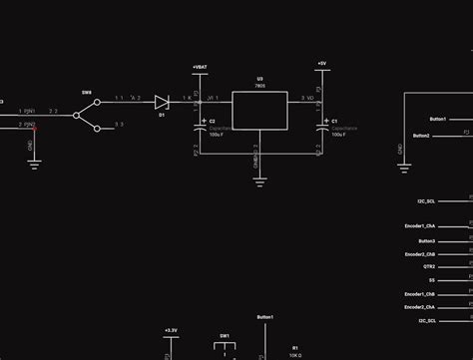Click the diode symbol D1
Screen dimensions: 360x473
(x=161, y=101)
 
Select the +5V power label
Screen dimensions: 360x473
(x=321, y=63)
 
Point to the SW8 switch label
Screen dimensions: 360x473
(x=87, y=92)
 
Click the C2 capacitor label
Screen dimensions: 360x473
(x=212, y=121)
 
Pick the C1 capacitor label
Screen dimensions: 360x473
(x=333, y=121)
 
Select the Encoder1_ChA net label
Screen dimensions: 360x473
(x=419, y=226)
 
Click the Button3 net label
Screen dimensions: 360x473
(x=426, y=240)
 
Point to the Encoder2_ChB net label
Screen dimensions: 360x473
(x=419, y=254)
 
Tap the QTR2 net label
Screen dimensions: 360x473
(x=429, y=267)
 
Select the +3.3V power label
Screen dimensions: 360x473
(x=170, y=329)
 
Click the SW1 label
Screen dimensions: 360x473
(x=226, y=335)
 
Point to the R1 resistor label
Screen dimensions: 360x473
(x=295, y=348)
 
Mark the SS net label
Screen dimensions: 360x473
(x=431, y=281)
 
